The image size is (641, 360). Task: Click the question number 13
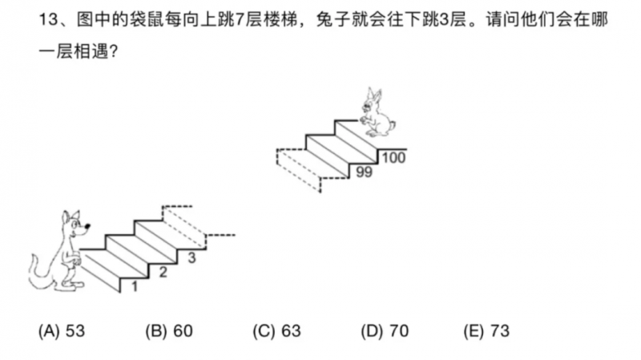click(49, 19)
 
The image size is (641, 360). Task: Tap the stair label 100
click(393, 157)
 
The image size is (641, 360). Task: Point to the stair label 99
click(364, 172)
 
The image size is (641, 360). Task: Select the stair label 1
click(134, 286)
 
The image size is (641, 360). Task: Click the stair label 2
click(163, 272)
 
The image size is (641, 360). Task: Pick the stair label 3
click(191, 257)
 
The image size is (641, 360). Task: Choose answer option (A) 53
click(62, 331)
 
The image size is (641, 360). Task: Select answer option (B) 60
click(169, 331)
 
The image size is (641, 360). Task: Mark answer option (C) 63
click(276, 331)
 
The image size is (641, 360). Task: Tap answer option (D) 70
click(385, 331)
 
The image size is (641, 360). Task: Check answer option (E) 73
click(486, 331)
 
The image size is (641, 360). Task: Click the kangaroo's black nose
click(87, 226)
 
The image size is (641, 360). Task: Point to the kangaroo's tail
click(38, 273)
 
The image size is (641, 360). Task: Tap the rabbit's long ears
click(373, 95)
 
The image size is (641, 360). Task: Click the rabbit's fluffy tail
click(392, 125)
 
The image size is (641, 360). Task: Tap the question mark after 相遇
click(113, 52)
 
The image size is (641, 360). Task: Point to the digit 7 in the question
click(239, 19)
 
